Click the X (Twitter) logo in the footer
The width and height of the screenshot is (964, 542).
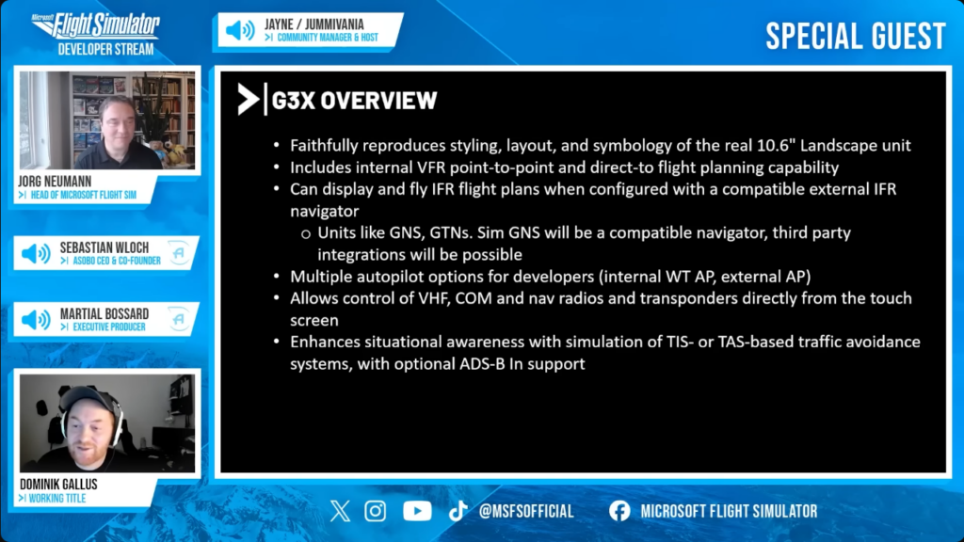click(340, 511)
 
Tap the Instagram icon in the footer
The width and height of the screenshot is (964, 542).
click(375, 511)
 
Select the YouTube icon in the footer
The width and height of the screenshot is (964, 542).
click(417, 511)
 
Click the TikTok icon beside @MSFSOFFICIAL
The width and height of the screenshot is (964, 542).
click(458, 511)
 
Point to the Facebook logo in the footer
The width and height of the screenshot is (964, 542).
click(619, 511)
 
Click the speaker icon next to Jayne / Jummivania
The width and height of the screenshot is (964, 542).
click(240, 30)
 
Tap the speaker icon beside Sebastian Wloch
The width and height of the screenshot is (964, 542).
click(37, 253)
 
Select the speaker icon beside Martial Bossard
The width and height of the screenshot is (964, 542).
click(37, 320)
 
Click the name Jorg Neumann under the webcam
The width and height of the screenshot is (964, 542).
click(55, 182)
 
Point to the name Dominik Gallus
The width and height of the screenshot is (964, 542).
click(58, 485)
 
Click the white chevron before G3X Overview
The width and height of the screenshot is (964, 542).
click(249, 100)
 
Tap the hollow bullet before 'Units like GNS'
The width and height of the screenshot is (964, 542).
click(306, 234)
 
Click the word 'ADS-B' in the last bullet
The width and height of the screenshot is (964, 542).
click(483, 364)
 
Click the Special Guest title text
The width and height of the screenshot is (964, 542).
click(856, 37)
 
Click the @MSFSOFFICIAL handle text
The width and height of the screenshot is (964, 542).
click(526, 511)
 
